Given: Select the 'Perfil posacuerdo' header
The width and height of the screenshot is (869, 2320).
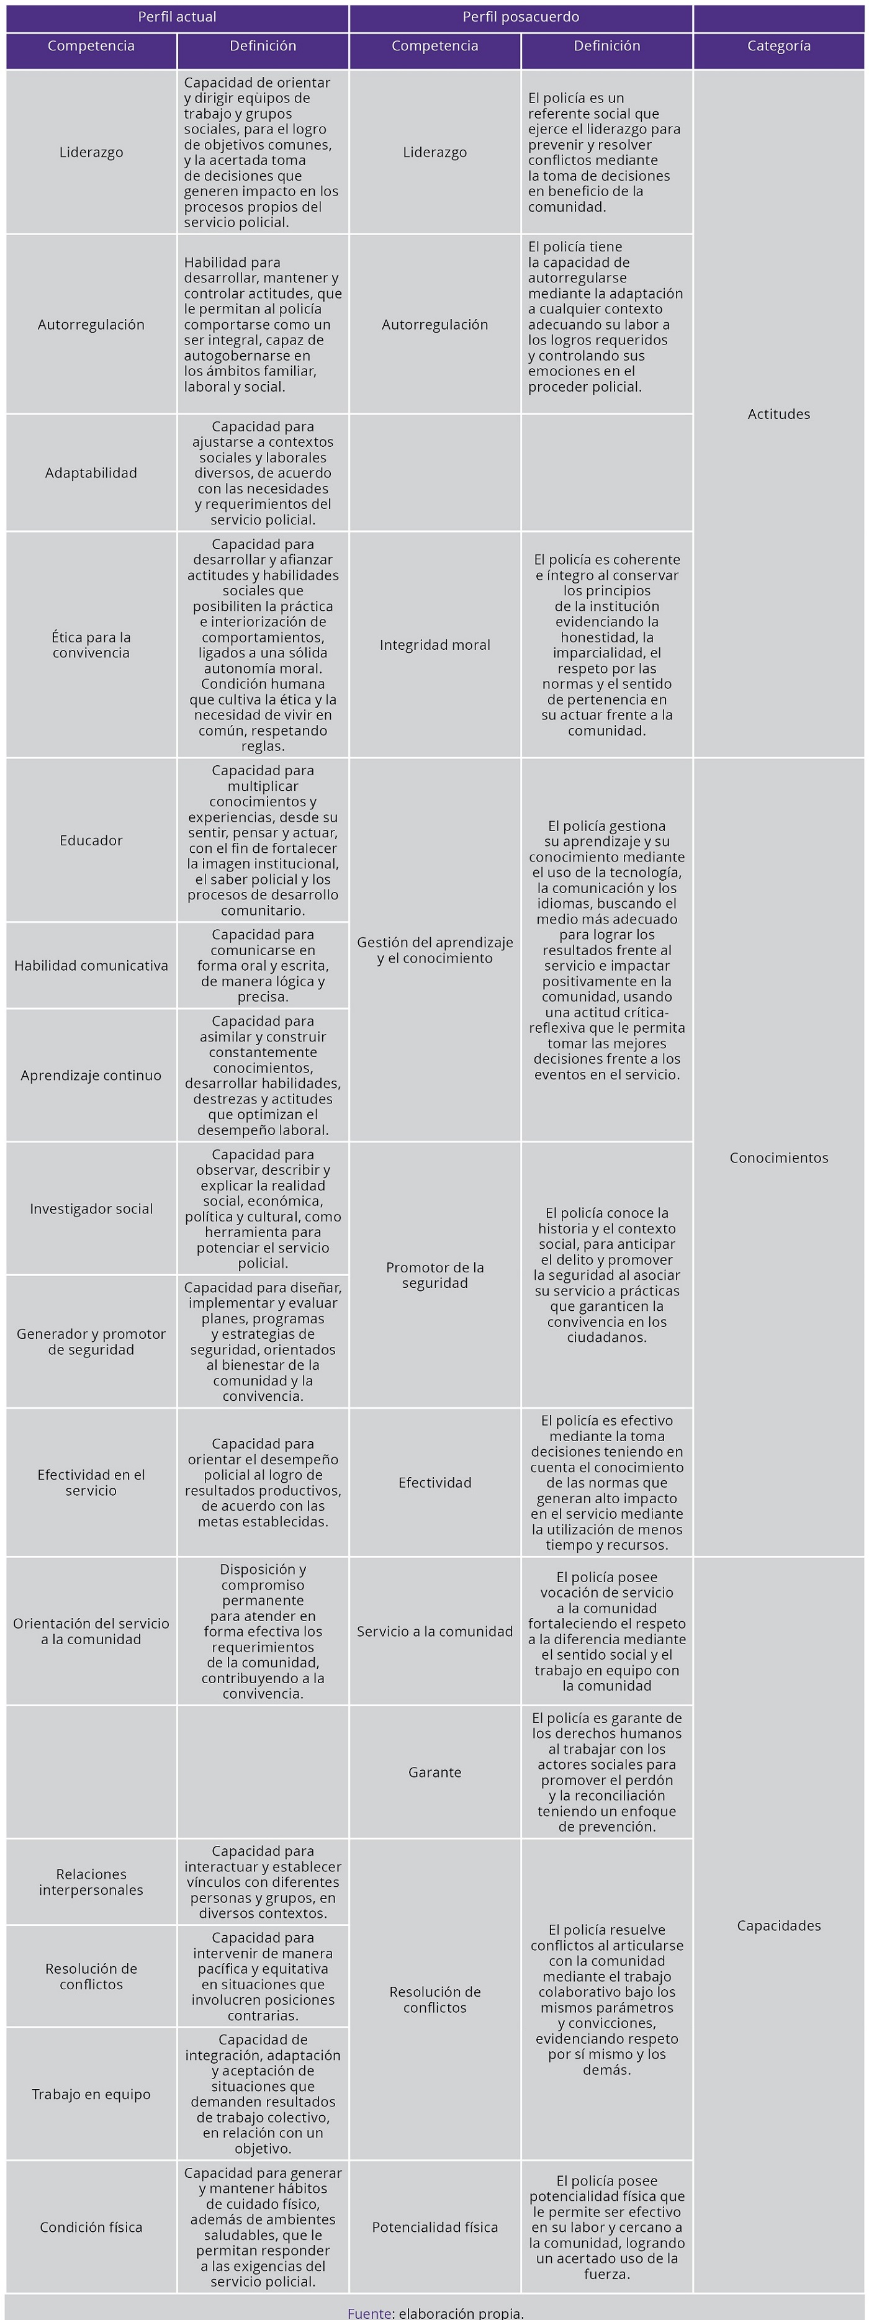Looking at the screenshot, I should click(521, 17).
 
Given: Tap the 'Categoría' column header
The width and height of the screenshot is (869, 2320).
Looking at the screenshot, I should click(778, 46).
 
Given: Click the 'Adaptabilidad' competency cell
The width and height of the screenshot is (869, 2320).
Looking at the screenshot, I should click(91, 473).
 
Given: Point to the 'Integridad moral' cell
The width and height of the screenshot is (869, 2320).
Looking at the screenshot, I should click(435, 645).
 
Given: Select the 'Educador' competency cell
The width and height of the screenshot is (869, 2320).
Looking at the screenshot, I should click(91, 840).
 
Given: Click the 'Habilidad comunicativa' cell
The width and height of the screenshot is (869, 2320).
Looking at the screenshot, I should click(91, 966).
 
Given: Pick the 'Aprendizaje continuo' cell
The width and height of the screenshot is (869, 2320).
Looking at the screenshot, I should click(91, 1076).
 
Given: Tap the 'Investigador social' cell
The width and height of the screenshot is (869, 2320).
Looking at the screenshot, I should click(91, 1208).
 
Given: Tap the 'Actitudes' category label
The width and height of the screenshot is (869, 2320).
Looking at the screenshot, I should click(778, 415).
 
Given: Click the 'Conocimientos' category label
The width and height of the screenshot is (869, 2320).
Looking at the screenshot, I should click(778, 1158).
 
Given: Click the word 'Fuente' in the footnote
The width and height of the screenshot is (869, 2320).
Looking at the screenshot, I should click(369, 2312).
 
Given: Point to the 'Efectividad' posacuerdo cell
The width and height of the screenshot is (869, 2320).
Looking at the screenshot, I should click(435, 1482).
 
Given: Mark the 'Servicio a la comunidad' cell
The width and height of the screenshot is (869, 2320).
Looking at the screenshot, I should click(435, 1631).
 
